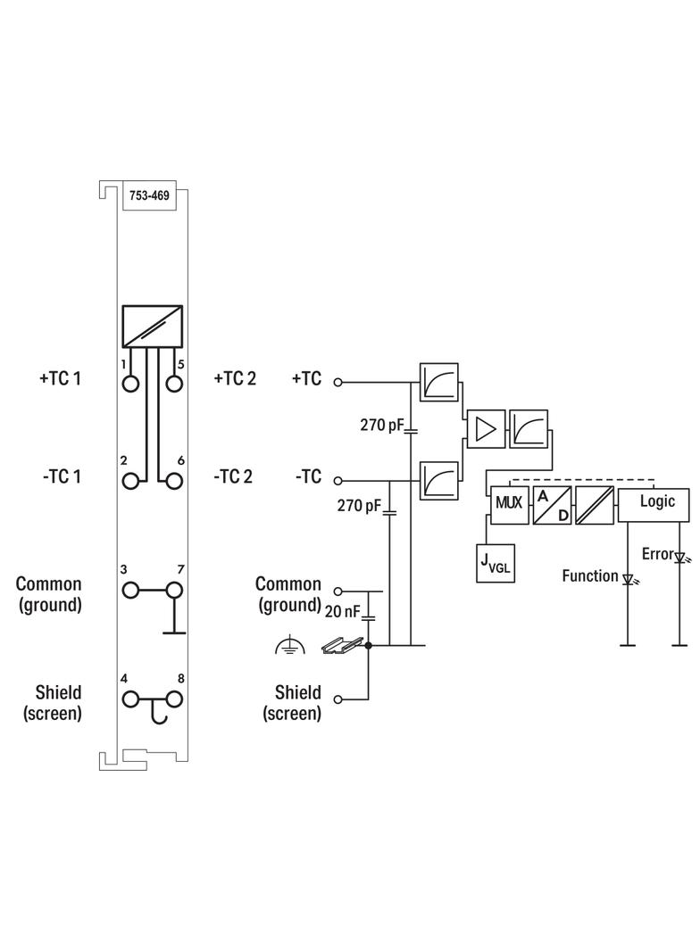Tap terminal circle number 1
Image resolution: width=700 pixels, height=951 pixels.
click(131, 384)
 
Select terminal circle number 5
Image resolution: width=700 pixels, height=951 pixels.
click(174, 384)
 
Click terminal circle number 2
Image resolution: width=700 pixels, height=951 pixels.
click(131, 480)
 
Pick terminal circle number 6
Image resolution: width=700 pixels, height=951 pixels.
click(174, 480)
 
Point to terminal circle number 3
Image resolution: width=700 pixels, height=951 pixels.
click(131, 591)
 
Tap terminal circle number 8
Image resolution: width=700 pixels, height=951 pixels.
click(174, 699)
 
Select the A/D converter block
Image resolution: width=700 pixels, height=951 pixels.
click(552, 505)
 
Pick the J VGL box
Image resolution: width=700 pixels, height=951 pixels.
click(496, 564)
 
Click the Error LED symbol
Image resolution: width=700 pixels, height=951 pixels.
click(679, 558)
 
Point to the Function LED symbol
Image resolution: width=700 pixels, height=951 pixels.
click(629, 579)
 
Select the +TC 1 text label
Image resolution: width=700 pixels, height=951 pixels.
click(60, 379)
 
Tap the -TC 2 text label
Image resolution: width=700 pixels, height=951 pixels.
click(233, 476)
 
